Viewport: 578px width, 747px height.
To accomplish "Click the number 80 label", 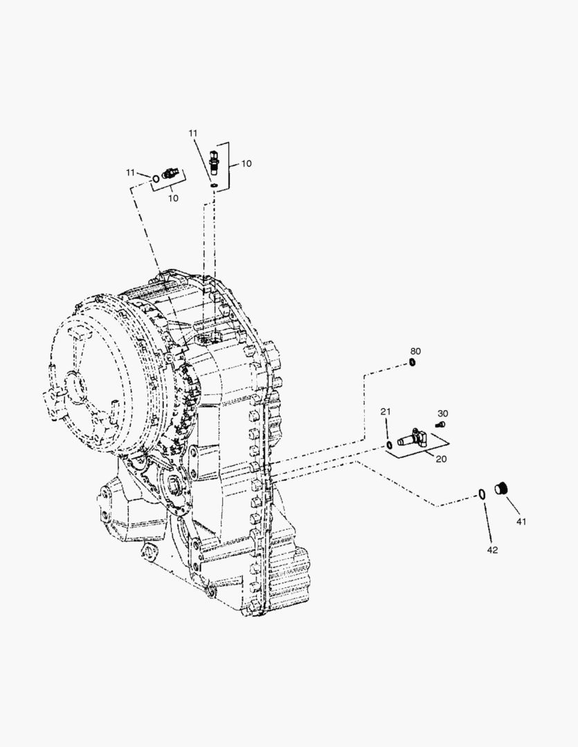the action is coord(415,351).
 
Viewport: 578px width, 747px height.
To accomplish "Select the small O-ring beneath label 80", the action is coord(413,364).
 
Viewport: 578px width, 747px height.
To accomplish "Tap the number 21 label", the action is coord(386,412).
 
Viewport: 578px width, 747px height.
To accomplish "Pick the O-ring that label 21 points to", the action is coord(389,445).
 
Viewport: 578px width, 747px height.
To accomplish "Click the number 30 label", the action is coord(442,414).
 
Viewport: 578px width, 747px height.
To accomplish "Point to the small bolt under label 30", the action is coord(441,424).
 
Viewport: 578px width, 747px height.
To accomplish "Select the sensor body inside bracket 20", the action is coord(411,438).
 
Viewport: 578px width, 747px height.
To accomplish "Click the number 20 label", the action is coord(442,459).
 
